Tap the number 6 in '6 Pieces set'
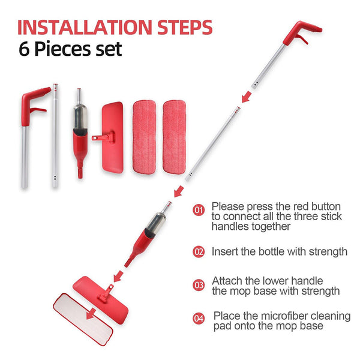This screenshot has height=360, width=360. click(x=26, y=50)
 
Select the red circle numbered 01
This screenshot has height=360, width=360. click(x=199, y=210)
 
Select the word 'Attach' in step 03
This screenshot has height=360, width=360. click(x=226, y=281)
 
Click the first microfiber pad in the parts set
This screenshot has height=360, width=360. click(x=144, y=137)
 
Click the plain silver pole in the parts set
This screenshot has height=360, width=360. click(x=55, y=135)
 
